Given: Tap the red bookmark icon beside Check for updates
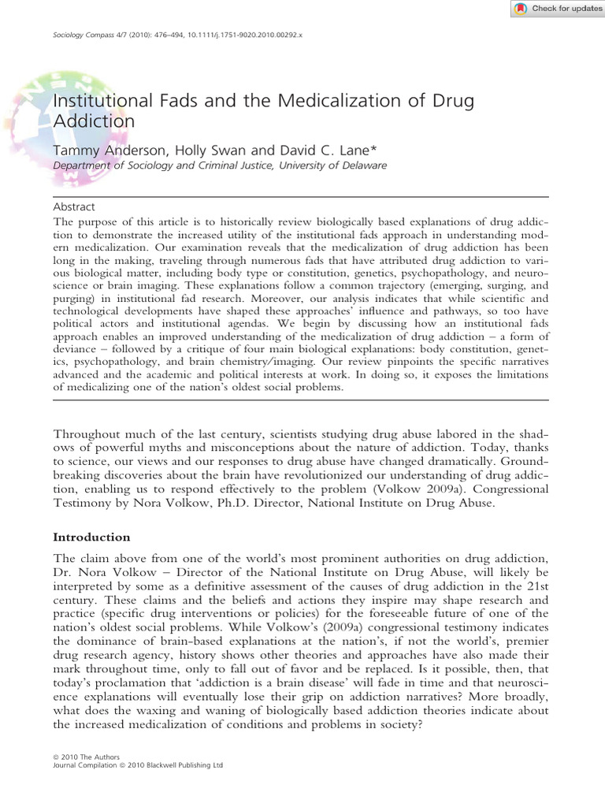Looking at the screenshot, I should (520, 9).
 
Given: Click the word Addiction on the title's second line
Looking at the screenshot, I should (94, 121).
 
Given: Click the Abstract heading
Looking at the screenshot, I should (73, 206).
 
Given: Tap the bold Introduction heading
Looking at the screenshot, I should (91, 537).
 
